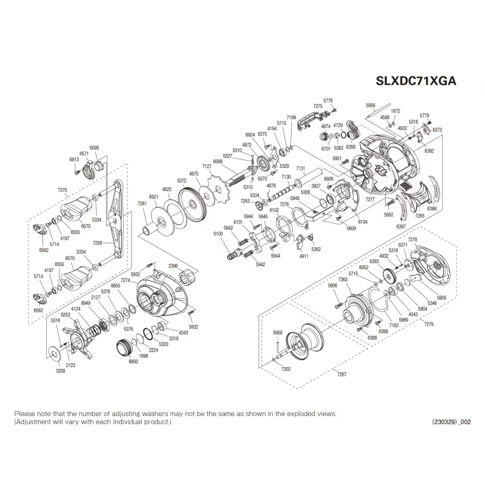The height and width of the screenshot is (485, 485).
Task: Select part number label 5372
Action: click(x=181, y=181)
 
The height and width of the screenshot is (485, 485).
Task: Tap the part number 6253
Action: click(x=66, y=315)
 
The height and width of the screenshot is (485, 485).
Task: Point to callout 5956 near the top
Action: click(x=371, y=105)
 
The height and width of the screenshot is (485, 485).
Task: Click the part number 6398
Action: click(x=432, y=208)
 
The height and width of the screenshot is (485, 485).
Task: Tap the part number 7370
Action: click(x=62, y=190)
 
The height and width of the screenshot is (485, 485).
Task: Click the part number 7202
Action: click(x=286, y=368)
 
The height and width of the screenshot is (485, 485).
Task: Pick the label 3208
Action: click(x=60, y=370)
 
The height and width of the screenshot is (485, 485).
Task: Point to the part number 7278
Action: click(x=413, y=241)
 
